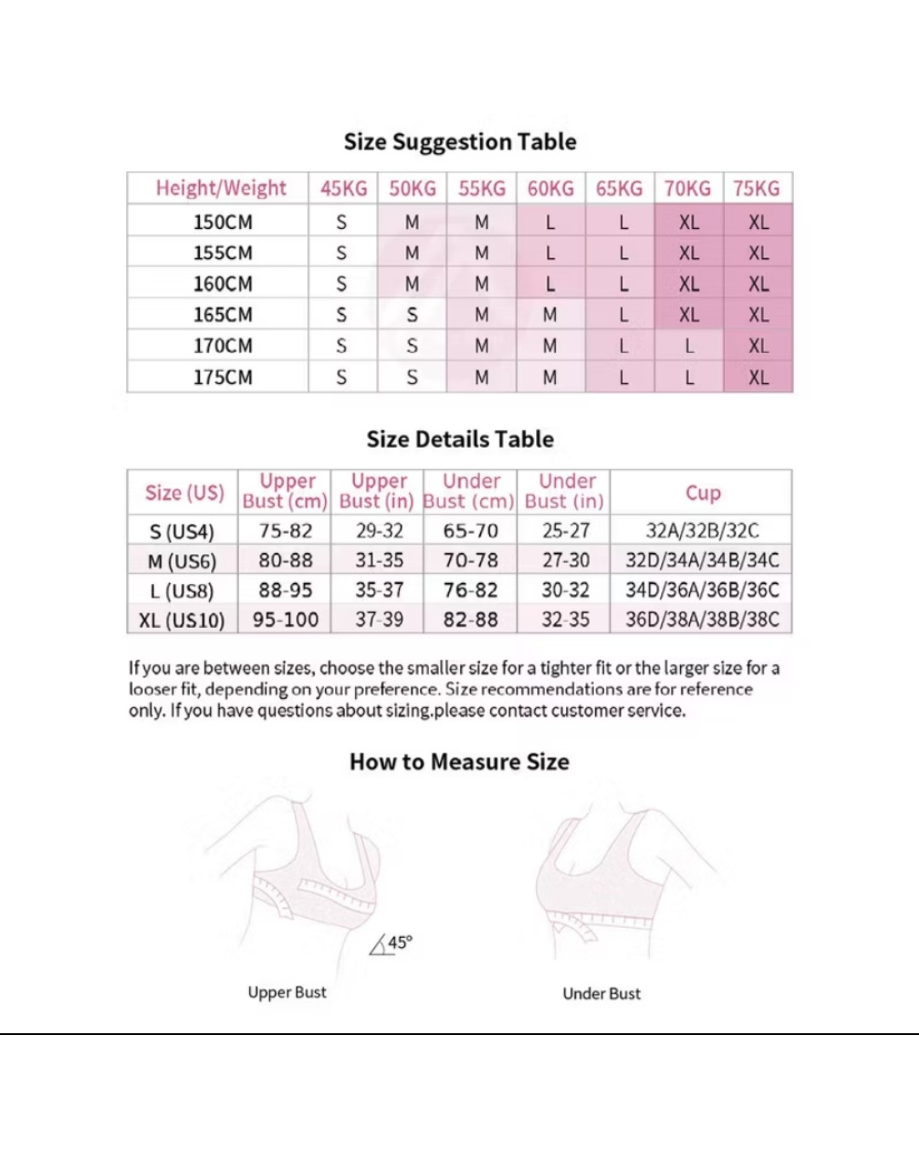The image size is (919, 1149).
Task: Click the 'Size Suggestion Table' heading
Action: pos(459,141)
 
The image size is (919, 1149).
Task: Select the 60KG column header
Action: pos(551,188)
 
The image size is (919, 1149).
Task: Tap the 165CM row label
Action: pos(222,315)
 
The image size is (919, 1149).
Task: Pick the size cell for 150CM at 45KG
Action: pos(341,222)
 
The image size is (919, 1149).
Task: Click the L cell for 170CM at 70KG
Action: pos(689,346)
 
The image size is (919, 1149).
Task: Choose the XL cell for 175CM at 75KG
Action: pos(758,377)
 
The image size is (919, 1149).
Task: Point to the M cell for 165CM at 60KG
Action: pos(550,315)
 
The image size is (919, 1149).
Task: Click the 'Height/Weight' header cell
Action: pos(220,188)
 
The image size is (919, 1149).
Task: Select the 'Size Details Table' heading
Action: pos(459,439)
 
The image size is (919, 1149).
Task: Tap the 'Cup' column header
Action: pos(703,493)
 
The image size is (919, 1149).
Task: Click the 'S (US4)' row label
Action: pos(182,532)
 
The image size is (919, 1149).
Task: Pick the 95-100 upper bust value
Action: pos(285,620)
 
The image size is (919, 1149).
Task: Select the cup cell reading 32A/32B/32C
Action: pos(702,531)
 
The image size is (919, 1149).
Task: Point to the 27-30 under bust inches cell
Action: pos(566,560)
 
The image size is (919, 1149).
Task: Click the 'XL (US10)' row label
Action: pos(182,620)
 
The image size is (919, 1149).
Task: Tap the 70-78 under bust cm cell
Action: pos(471,560)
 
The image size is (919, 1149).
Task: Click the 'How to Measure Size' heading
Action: pos(459,762)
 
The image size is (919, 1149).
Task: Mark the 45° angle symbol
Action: pos(391,944)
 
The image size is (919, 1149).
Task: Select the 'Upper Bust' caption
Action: pos(287,992)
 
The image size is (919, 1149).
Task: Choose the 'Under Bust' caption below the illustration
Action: pos(602,993)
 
